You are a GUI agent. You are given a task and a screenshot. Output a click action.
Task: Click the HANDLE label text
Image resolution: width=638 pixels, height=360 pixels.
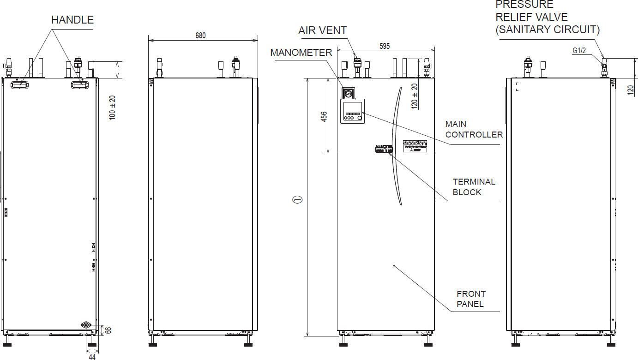(x=72, y=20)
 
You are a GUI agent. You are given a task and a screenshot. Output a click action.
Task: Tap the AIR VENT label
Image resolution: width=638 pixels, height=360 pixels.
(x=322, y=31)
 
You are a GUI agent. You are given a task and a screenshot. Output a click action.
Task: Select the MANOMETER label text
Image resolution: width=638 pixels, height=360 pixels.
(x=301, y=53)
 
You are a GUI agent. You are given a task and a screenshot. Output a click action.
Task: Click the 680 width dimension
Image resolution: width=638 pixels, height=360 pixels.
(x=200, y=36)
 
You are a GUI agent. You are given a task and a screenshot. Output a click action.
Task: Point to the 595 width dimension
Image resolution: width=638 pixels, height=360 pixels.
(x=385, y=46)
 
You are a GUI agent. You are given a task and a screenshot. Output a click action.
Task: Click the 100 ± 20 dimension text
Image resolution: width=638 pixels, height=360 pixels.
(x=112, y=108)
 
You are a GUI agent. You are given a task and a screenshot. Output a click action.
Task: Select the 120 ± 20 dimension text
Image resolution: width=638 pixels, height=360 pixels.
(x=415, y=96)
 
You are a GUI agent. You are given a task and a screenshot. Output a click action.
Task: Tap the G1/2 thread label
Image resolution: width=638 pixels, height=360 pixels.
(x=578, y=50)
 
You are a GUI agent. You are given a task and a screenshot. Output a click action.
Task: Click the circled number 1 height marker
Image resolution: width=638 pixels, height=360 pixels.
(x=298, y=200)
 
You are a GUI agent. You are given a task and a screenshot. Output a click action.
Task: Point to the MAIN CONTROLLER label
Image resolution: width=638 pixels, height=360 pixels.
(x=474, y=129)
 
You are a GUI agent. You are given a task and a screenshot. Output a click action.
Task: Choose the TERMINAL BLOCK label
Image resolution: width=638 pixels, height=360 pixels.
(x=474, y=187)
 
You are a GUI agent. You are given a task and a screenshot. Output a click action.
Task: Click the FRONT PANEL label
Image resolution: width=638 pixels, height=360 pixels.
(x=471, y=299)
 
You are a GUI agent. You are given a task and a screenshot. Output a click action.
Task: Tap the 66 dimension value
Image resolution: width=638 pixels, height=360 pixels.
(x=109, y=330)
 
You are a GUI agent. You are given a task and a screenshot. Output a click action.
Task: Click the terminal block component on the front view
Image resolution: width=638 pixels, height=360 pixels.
(x=384, y=149)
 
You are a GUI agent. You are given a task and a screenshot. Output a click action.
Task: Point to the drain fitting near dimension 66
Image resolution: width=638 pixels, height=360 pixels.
(x=85, y=325)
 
